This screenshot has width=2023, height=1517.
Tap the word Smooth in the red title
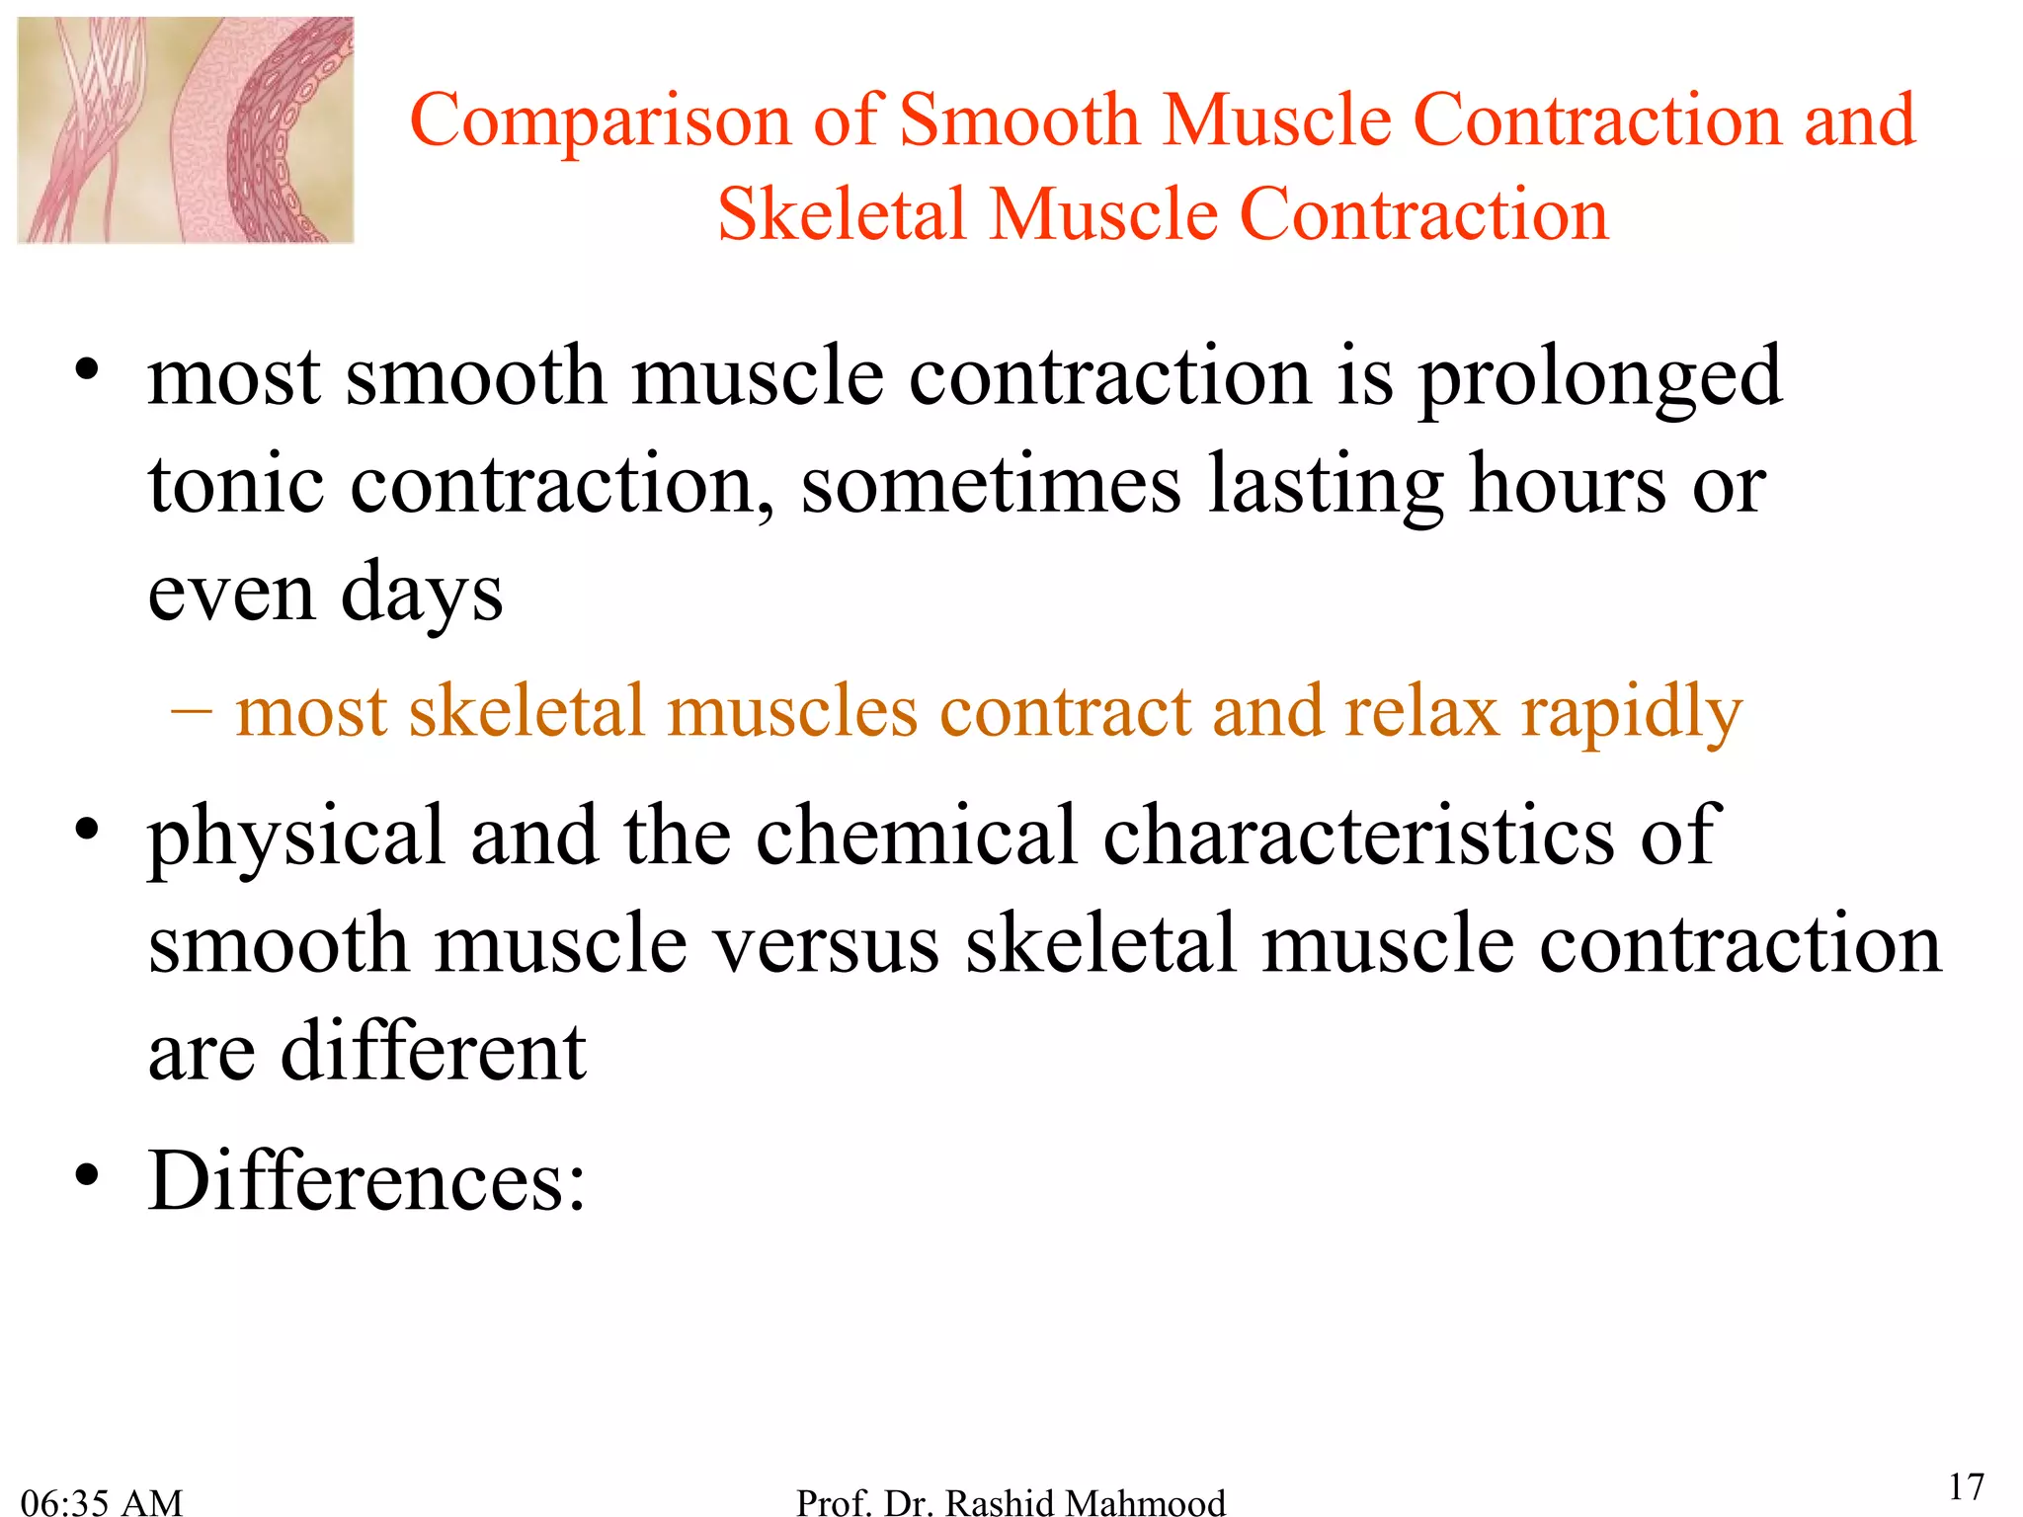click(1020, 120)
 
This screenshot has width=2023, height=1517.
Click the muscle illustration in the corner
click(186, 130)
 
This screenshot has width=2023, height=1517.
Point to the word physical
click(296, 838)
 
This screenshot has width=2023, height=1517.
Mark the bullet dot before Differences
click(88, 1176)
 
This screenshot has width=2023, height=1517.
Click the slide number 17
click(1966, 1486)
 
